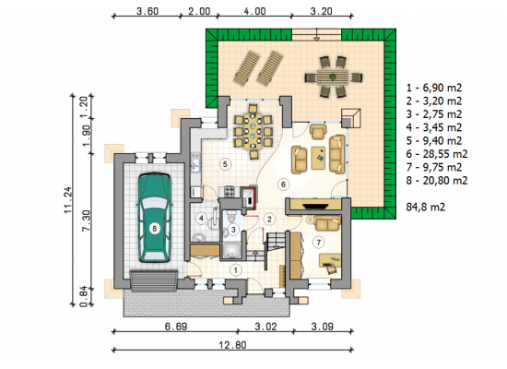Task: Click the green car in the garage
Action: [x=154, y=218]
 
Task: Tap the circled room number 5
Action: [x=225, y=164]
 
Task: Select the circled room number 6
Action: [x=283, y=184]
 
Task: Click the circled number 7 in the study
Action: [x=319, y=242]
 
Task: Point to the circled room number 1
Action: [x=236, y=270]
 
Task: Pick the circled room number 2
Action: [x=269, y=220]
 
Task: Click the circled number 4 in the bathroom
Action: [x=201, y=218]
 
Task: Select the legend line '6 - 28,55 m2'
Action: [x=437, y=154]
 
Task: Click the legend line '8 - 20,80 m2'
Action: [x=437, y=181]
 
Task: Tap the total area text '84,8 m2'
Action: [x=426, y=208]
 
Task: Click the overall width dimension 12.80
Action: [x=232, y=345]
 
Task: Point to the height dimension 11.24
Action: [x=68, y=200]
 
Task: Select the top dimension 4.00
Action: [x=254, y=11]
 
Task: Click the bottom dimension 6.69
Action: [x=176, y=327]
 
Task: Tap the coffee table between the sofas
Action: [x=318, y=158]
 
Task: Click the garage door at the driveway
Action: [x=154, y=281]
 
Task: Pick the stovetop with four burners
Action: [x=230, y=191]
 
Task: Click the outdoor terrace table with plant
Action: [x=333, y=77]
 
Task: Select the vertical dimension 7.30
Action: [x=86, y=220]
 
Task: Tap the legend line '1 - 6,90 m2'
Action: [x=434, y=88]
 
